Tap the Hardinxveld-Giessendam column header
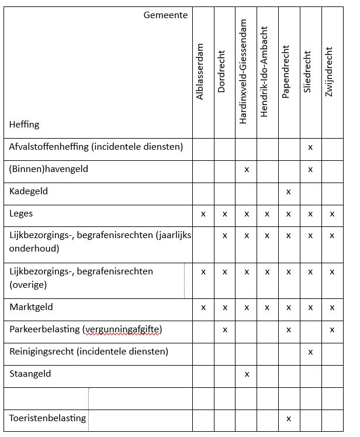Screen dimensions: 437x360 tap(244, 71)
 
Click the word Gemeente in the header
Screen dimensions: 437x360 tap(165, 15)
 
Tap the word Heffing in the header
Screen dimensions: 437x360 tap(24, 124)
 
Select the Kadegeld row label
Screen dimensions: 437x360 tap(29, 191)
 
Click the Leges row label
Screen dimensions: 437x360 tap(21, 214)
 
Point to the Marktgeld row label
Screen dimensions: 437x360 tap(31, 307)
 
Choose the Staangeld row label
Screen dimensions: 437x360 tap(30, 374)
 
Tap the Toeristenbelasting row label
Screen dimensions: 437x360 tap(48, 418)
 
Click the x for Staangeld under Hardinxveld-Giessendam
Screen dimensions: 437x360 tap(247, 374)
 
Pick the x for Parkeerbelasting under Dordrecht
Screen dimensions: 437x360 tap(225, 330)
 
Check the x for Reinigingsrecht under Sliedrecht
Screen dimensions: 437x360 tap(310, 352)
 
